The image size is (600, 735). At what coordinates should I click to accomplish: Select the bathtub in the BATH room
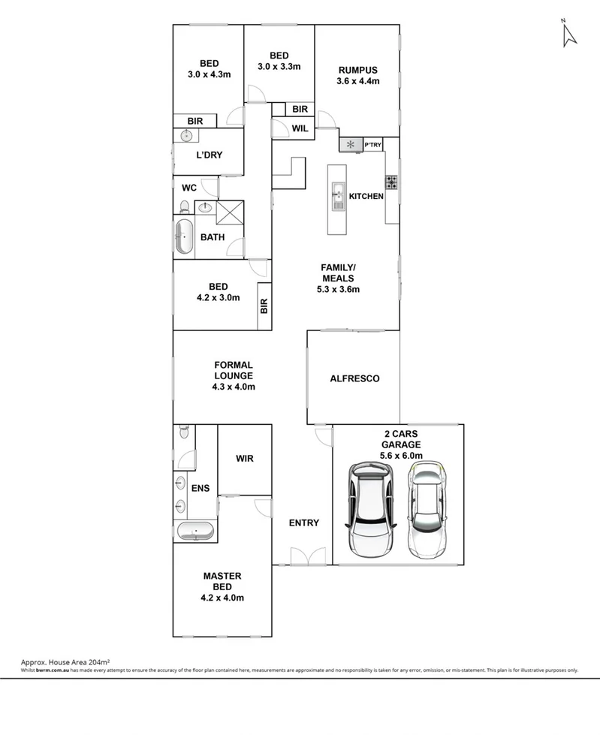click(x=184, y=238)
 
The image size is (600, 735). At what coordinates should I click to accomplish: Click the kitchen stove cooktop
click(x=391, y=182)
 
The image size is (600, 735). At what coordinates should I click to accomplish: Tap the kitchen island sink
click(x=338, y=197)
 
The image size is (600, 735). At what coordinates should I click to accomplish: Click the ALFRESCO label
click(x=354, y=379)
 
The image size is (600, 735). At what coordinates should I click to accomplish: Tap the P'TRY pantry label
click(x=373, y=144)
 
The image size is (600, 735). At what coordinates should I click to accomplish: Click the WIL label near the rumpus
click(x=300, y=128)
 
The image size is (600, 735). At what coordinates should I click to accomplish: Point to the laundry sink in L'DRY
click(x=185, y=136)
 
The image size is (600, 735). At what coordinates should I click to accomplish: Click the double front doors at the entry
click(x=303, y=556)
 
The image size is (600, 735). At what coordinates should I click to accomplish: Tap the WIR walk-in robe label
click(x=245, y=457)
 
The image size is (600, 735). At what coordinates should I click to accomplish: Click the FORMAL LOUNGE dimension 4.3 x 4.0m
click(x=234, y=387)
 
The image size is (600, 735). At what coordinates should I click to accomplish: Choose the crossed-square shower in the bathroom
click(x=229, y=212)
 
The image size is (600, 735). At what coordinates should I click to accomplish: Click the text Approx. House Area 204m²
click(x=66, y=661)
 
